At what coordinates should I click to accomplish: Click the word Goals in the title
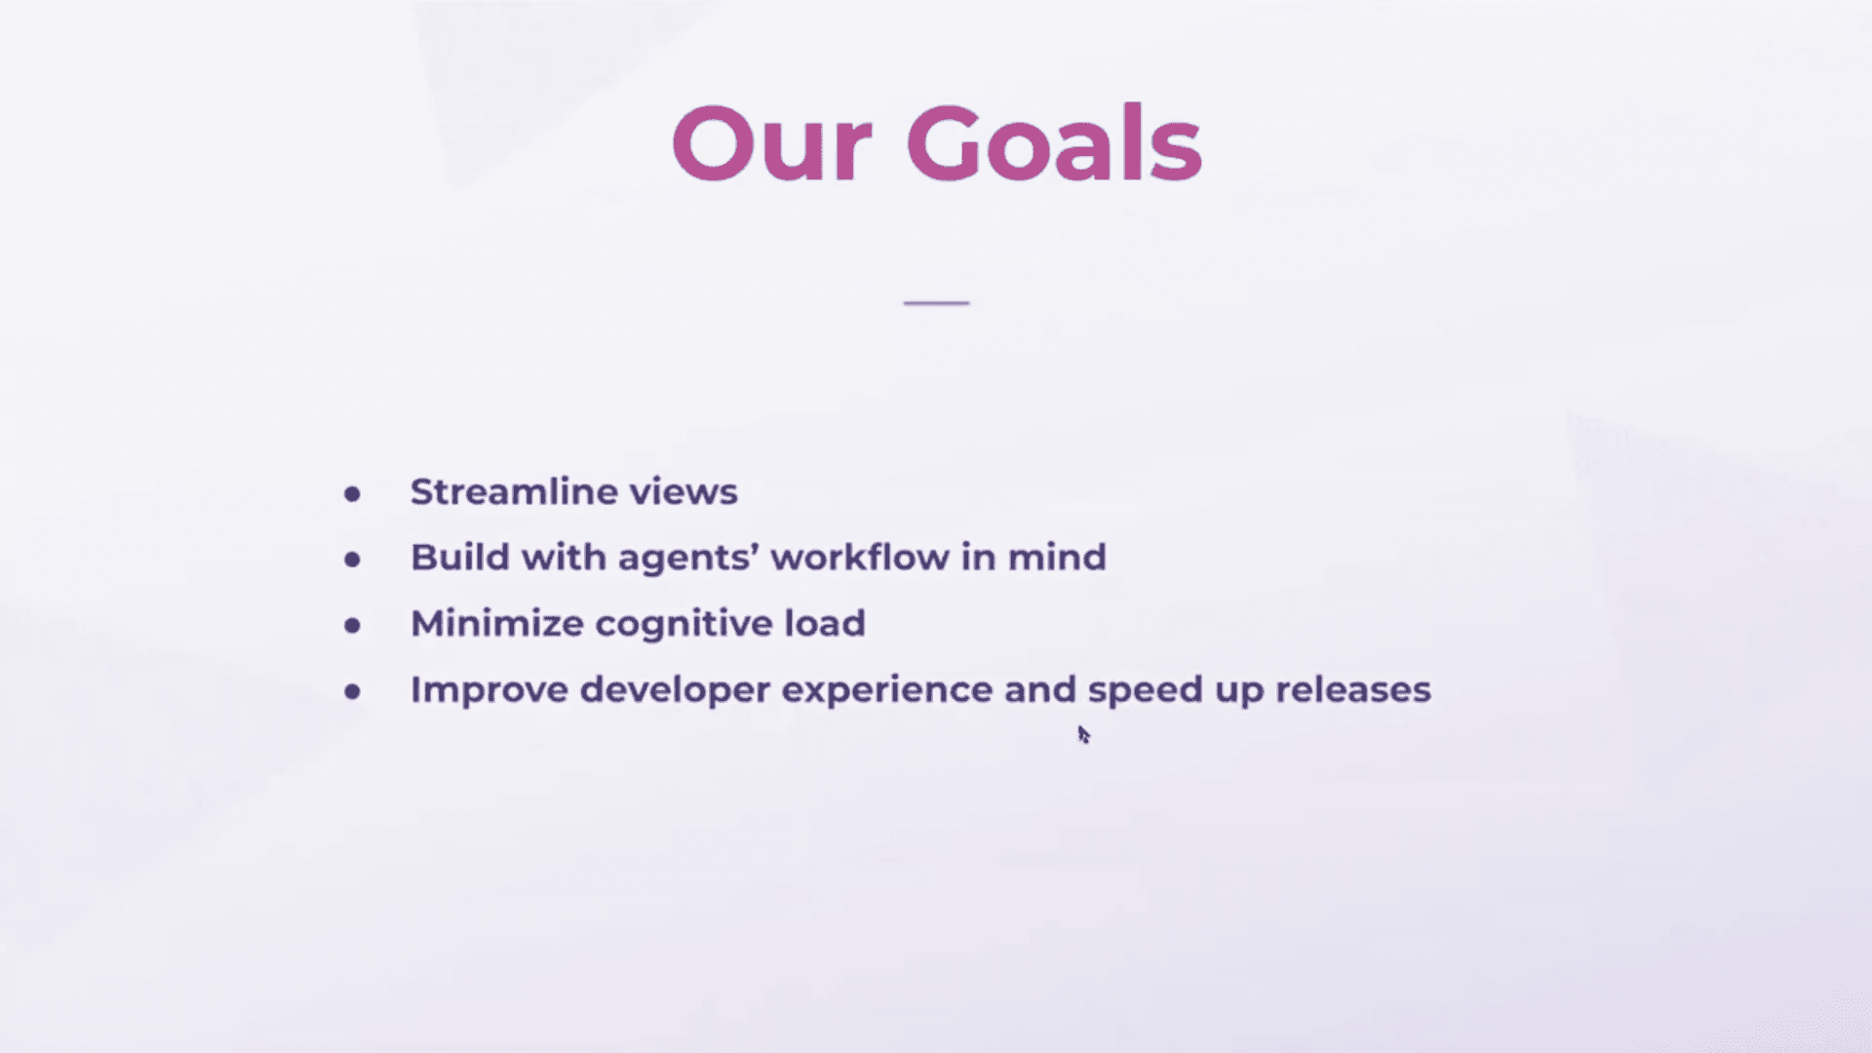point(1053,144)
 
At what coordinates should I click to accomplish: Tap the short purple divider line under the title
point(936,303)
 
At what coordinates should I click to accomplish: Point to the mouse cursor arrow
point(1083,734)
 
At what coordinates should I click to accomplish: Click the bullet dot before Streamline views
point(352,494)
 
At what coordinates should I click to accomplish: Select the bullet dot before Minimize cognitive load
point(352,626)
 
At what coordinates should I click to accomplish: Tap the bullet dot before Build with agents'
point(352,560)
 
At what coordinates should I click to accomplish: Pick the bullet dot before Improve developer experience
point(352,692)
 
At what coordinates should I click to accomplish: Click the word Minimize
point(496,623)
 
